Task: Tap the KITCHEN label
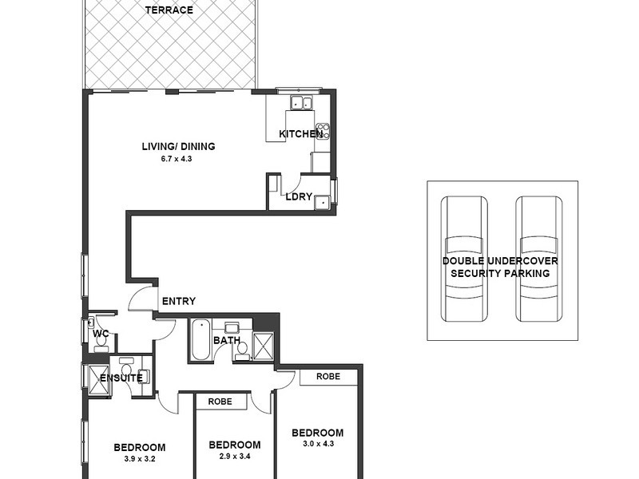tap(300, 134)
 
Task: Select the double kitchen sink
tap(302, 102)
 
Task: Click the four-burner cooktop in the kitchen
tap(323, 131)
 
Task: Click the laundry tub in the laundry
tap(322, 201)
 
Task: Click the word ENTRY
tap(179, 302)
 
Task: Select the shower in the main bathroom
tap(263, 346)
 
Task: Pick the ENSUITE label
tap(121, 378)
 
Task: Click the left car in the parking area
tap(465, 259)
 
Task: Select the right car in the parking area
tap(537, 259)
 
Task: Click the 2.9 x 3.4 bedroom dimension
tap(234, 457)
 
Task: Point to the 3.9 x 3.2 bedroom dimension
tap(139, 459)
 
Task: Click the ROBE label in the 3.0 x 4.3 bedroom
tap(327, 376)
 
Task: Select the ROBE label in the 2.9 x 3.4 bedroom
tap(220, 402)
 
